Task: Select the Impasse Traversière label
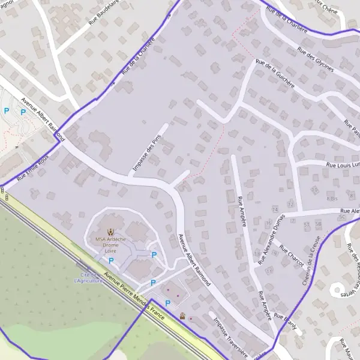coord(228,337)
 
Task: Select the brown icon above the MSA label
coord(110,231)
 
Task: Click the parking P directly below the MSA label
coord(111,261)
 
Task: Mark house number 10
coord(314,190)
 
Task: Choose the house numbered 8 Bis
coord(332,197)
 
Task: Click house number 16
coord(268,224)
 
